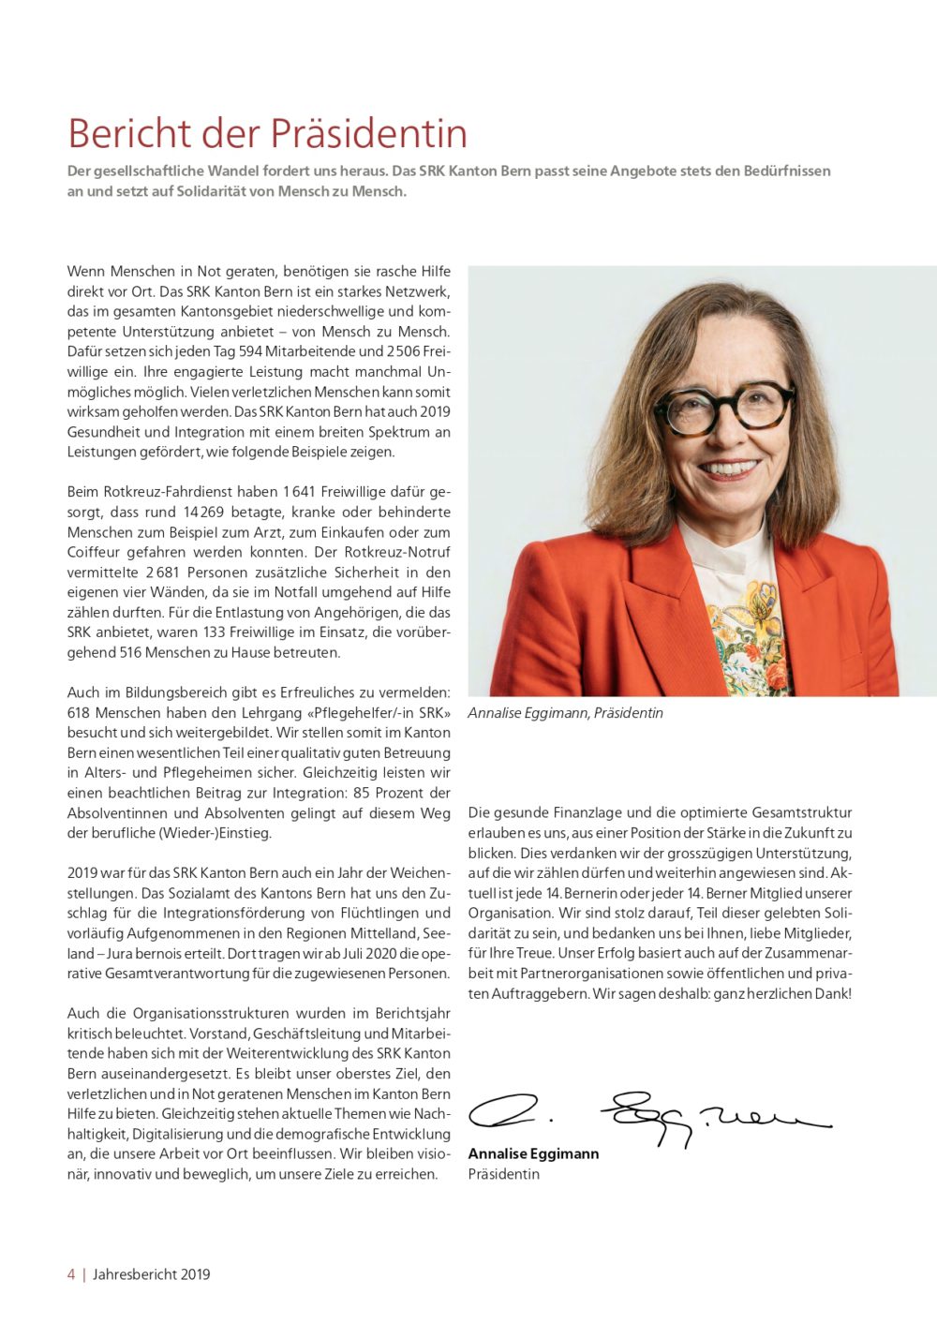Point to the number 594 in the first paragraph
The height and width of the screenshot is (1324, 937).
pos(251,351)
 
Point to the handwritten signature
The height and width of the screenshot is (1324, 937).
pos(647,1116)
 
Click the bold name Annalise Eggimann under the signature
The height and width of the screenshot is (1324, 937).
pos(533,1153)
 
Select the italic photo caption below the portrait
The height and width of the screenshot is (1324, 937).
pos(565,713)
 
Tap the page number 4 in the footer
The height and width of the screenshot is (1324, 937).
pos(71,1274)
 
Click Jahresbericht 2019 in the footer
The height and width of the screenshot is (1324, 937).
pos(152,1274)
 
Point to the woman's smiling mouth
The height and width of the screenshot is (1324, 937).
pos(728,466)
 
